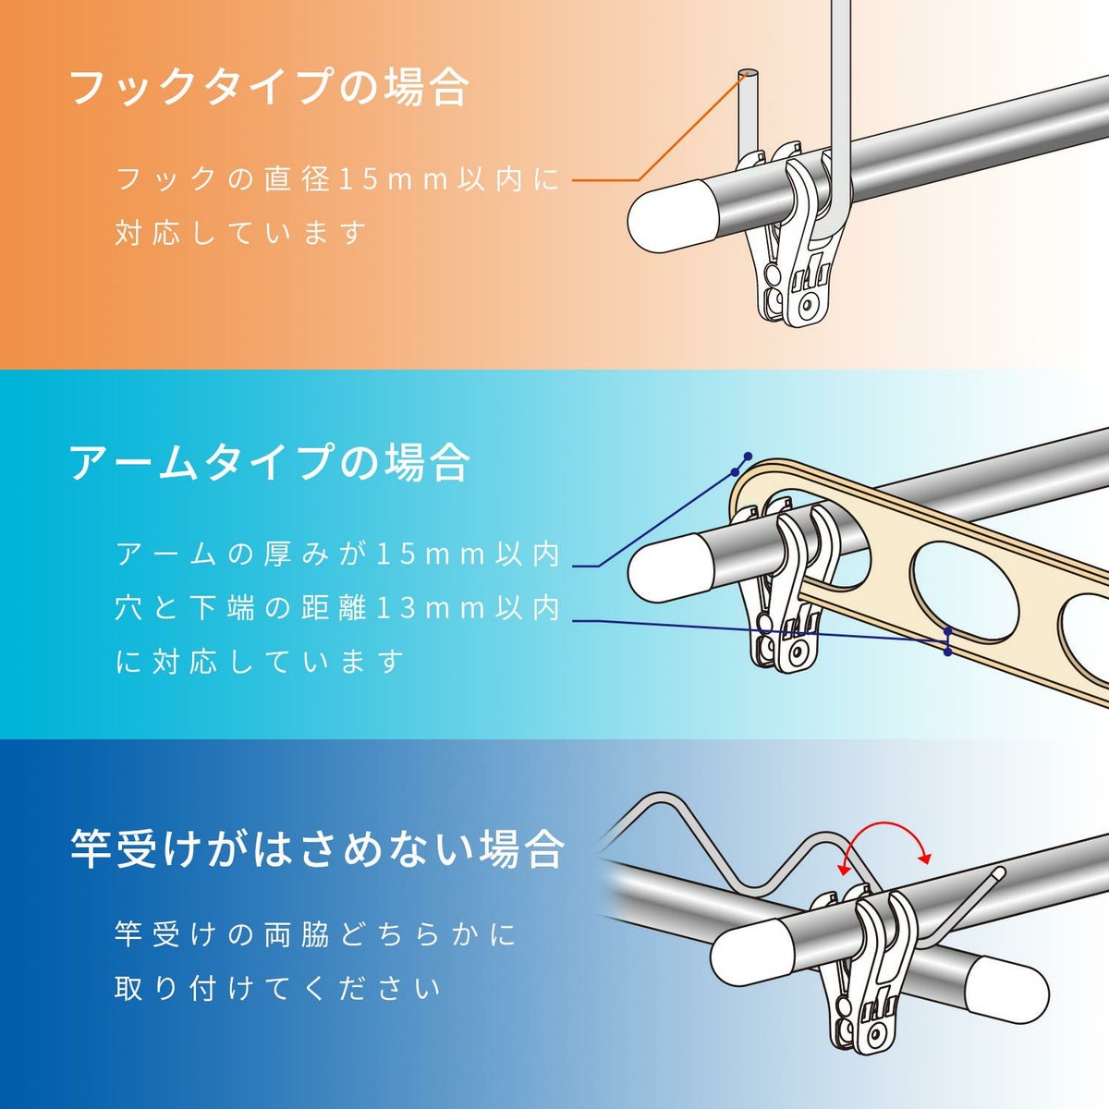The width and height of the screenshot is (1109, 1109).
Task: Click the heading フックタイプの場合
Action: click(269, 88)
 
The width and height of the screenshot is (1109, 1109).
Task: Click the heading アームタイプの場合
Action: click(269, 460)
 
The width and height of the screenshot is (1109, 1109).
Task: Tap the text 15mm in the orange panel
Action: click(395, 179)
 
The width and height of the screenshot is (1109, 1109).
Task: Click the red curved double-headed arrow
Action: click(885, 836)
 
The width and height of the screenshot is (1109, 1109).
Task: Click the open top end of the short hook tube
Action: click(749, 74)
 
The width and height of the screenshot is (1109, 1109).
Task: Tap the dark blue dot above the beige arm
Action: click(748, 457)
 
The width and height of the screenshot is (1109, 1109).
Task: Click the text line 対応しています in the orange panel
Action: click(242, 232)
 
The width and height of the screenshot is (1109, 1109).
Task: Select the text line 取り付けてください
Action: click(278, 989)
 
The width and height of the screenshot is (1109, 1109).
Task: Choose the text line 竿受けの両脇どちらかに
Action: click(315, 934)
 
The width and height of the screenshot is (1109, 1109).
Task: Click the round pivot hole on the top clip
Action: click(810, 303)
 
